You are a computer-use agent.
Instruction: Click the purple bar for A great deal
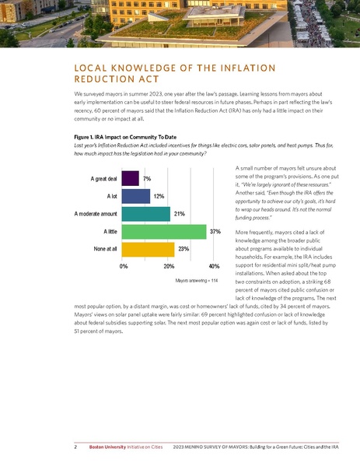pos(131,179)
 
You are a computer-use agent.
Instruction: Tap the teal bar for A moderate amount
pos(146,214)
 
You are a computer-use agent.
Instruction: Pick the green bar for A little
pos(164,232)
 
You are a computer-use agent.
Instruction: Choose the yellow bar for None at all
pos(149,249)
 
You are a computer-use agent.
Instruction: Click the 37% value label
pos(215,232)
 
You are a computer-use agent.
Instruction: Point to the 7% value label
pos(147,179)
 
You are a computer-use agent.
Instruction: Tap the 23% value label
pos(183,249)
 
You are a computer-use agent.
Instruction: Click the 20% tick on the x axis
pos(168,266)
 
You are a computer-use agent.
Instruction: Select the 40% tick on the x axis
pos(213,266)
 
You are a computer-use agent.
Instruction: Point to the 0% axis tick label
pos(124,266)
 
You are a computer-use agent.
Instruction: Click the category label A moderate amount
pos(95,214)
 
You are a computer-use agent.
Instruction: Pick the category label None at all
pos(101,249)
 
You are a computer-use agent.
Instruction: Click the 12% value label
pos(158,196)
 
